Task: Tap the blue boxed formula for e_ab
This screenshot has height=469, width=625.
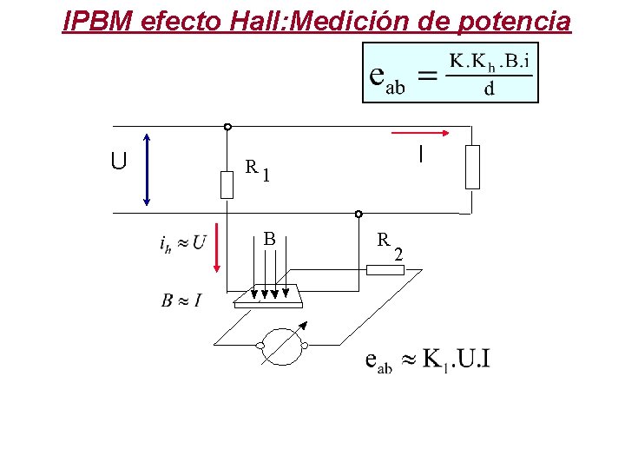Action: click(x=451, y=73)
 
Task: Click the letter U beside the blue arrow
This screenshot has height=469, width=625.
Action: click(x=119, y=162)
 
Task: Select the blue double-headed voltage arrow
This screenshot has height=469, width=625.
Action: click(x=147, y=169)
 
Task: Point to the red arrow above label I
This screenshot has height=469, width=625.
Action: click(x=421, y=133)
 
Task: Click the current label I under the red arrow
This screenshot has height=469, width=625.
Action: click(x=420, y=155)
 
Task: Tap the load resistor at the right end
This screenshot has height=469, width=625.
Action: click(x=471, y=167)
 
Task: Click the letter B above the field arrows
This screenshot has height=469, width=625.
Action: click(x=270, y=239)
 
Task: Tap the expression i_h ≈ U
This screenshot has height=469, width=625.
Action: click(x=183, y=242)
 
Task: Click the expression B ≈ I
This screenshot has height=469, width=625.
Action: click(x=181, y=301)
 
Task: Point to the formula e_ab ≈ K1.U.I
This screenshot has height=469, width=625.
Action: click(x=427, y=360)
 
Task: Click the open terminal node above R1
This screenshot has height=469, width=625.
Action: click(x=227, y=127)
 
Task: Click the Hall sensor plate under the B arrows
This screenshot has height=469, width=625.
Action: click(x=268, y=298)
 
